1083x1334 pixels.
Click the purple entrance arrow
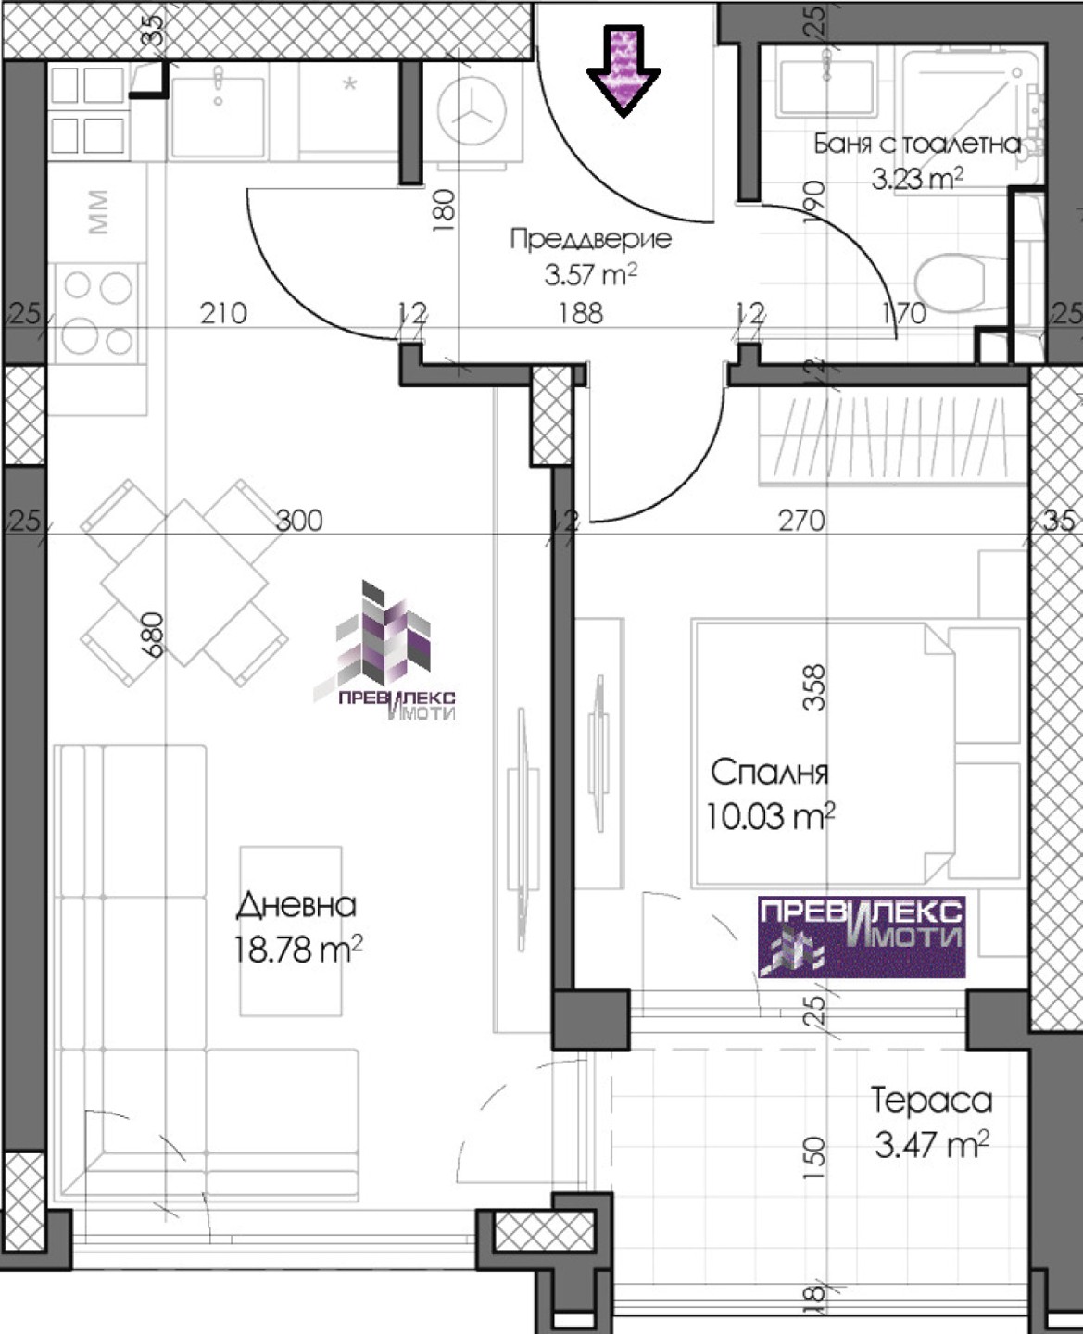click(x=623, y=70)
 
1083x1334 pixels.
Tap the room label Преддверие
click(x=591, y=240)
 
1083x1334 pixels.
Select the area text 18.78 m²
click(x=298, y=949)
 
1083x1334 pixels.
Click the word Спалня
click(x=769, y=773)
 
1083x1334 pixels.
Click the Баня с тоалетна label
click(x=918, y=145)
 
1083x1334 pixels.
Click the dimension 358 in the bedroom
click(x=814, y=687)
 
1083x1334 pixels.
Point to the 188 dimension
click(x=581, y=313)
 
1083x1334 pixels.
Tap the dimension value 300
click(x=299, y=521)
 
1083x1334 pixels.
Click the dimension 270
click(x=801, y=521)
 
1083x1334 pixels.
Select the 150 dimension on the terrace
click(x=814, y=1160)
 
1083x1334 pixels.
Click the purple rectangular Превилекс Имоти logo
click(x=862, y=937)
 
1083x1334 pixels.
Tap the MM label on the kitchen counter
click(x=99, y=212)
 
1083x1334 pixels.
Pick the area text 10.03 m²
click(x=771, y=816)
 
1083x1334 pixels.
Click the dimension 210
click(x=223, y=313)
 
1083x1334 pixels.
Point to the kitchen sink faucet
click(x=218, y=82)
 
